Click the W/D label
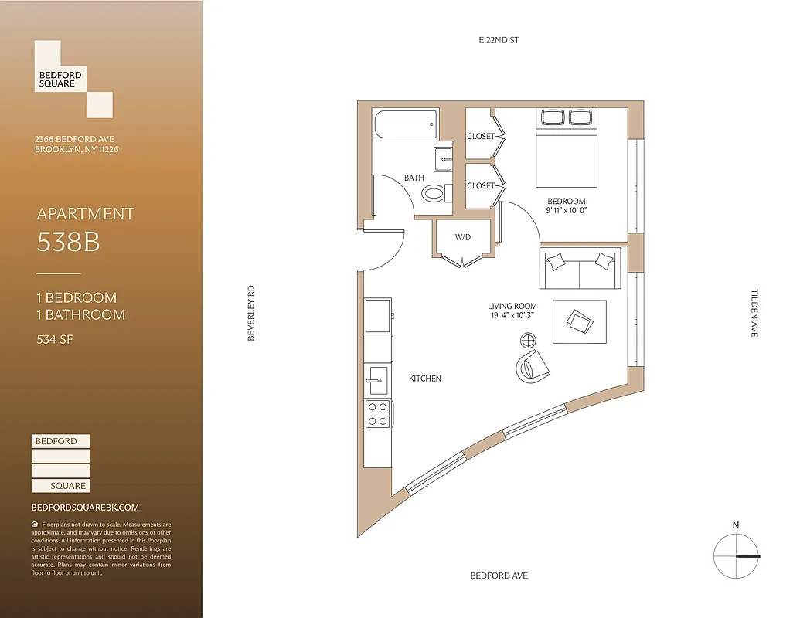463,238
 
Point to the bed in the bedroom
567,151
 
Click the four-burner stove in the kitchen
378,414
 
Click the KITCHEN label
425,379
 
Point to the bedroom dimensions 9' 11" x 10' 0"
567,210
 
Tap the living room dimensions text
512,315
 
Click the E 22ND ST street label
499,39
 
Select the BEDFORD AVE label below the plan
499,576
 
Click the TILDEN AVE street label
754,313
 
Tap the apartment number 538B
69,243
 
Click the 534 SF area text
55,338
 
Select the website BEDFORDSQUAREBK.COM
85,508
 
